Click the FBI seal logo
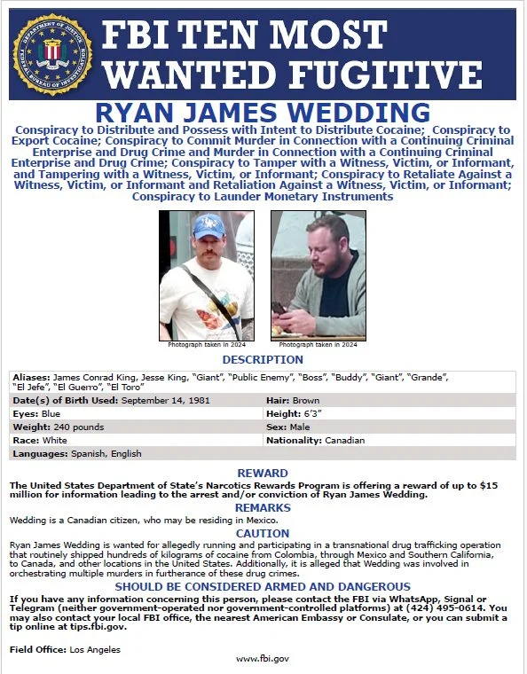(x=52, y=53)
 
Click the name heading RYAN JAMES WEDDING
(x=263, y=114)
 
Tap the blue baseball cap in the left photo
(x=209, y=226)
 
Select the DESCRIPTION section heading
(x=263, y=359)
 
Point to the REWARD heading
(x=263, y=473)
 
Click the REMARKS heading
(x=263, y=506)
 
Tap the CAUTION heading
(x=263, y=533)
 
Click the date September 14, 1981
(x=166, y=401)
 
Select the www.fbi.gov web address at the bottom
(x=263, y=658)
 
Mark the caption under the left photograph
(x=206, y=344)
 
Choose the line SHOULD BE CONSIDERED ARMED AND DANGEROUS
(x=263, y=586)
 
